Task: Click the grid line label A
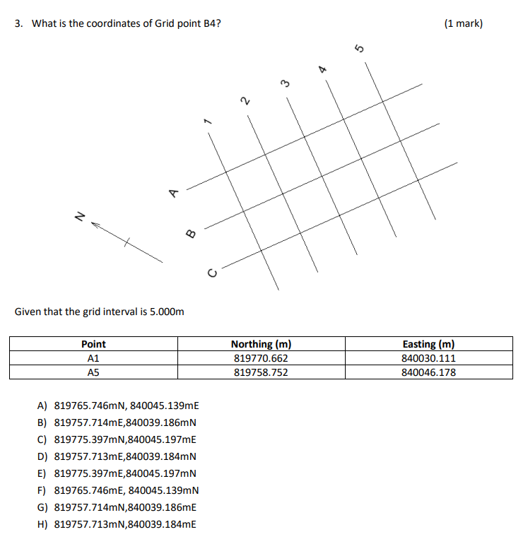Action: pyautogui.click(x=172, y=192)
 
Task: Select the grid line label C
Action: pyautogui.click(x=210, y=271)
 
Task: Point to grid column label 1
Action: pyautogui.click(x=207, y=122)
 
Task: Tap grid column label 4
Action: pyautogui.click(x=322, y=69)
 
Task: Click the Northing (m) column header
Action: pyautogui.click(x=261, y=344)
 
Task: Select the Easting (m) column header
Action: pyautogui.click(x=428, y=344)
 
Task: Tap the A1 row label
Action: pyautogui.click(x=93, y=358)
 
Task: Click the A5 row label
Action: pyautogui.click(x=93, y=372)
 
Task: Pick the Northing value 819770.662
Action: pyautogui.click(x=261, y=358)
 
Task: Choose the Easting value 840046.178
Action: pyautogui.click(x=428, y=372)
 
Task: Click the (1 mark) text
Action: pyautogui.click(x=464, y=23)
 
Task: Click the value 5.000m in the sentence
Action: pyautogui.click(x=165, y=312)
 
